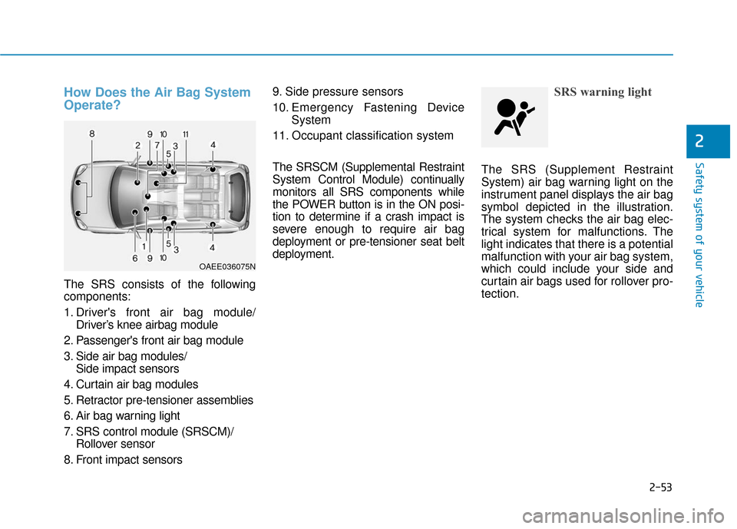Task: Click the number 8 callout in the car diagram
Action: pyautogui.click(x=91, y=134)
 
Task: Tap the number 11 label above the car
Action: pyautogui.click(x=186, y=134)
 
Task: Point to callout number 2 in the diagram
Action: pyautogui.click(x=137, y=145)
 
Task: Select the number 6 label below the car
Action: pyautogui.click(x=134, y=259)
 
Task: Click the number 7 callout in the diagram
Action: pyautogui.click(x=157, y=144)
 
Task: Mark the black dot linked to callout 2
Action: pyautogui.click(x=137, y=183)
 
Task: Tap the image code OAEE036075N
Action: pyautogui.click(x=228, y=266)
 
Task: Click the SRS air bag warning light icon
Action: pyautogui.click(x=514, y=117)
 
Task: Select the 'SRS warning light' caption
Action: pyautogui.click(x=603, y=92)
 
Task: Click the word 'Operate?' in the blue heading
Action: pyautogui.click(x=92, y=106)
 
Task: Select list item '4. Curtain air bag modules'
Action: pyautogui.click(x=131, y=384)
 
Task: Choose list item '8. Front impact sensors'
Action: pyautogui.click(x=124, y=459)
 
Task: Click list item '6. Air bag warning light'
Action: pyautogui.click(x=123, y=415)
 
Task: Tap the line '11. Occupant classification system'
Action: pyautogui.click(x=362, y=135)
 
